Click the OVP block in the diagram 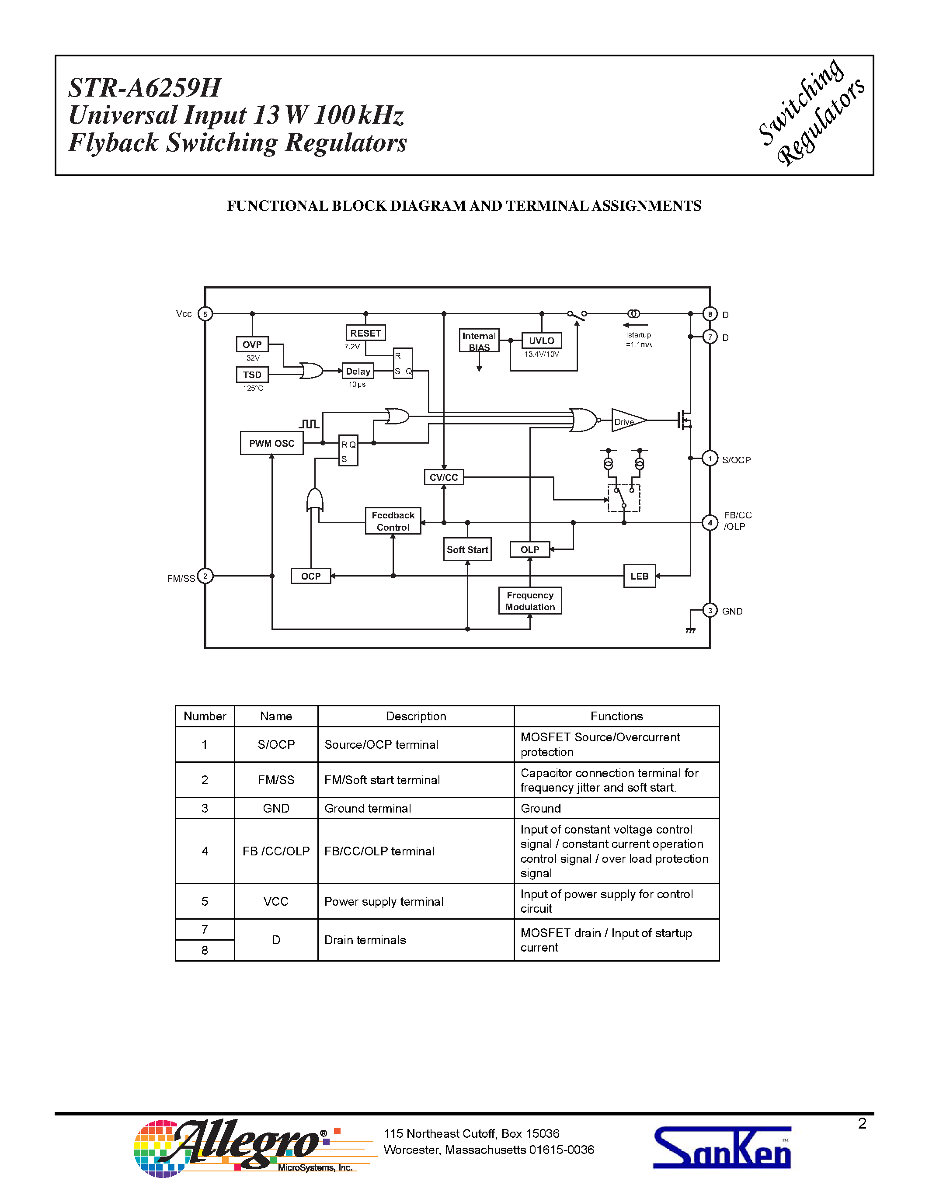[252, 344]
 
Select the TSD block [252, 375]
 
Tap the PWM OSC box [271, 443]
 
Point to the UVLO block [542, 340]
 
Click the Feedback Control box [393, 521]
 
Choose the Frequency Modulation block [530, 601]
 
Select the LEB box [639, 576]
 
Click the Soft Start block [467, 549]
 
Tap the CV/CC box [444, 477]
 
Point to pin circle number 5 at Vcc [205, 314]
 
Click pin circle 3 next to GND [710, 610]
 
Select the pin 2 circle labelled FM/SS [205, 576]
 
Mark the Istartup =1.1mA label [638, 340]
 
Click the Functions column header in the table [616, 716]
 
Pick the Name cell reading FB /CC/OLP [276, 851]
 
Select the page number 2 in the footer [862, 1123]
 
